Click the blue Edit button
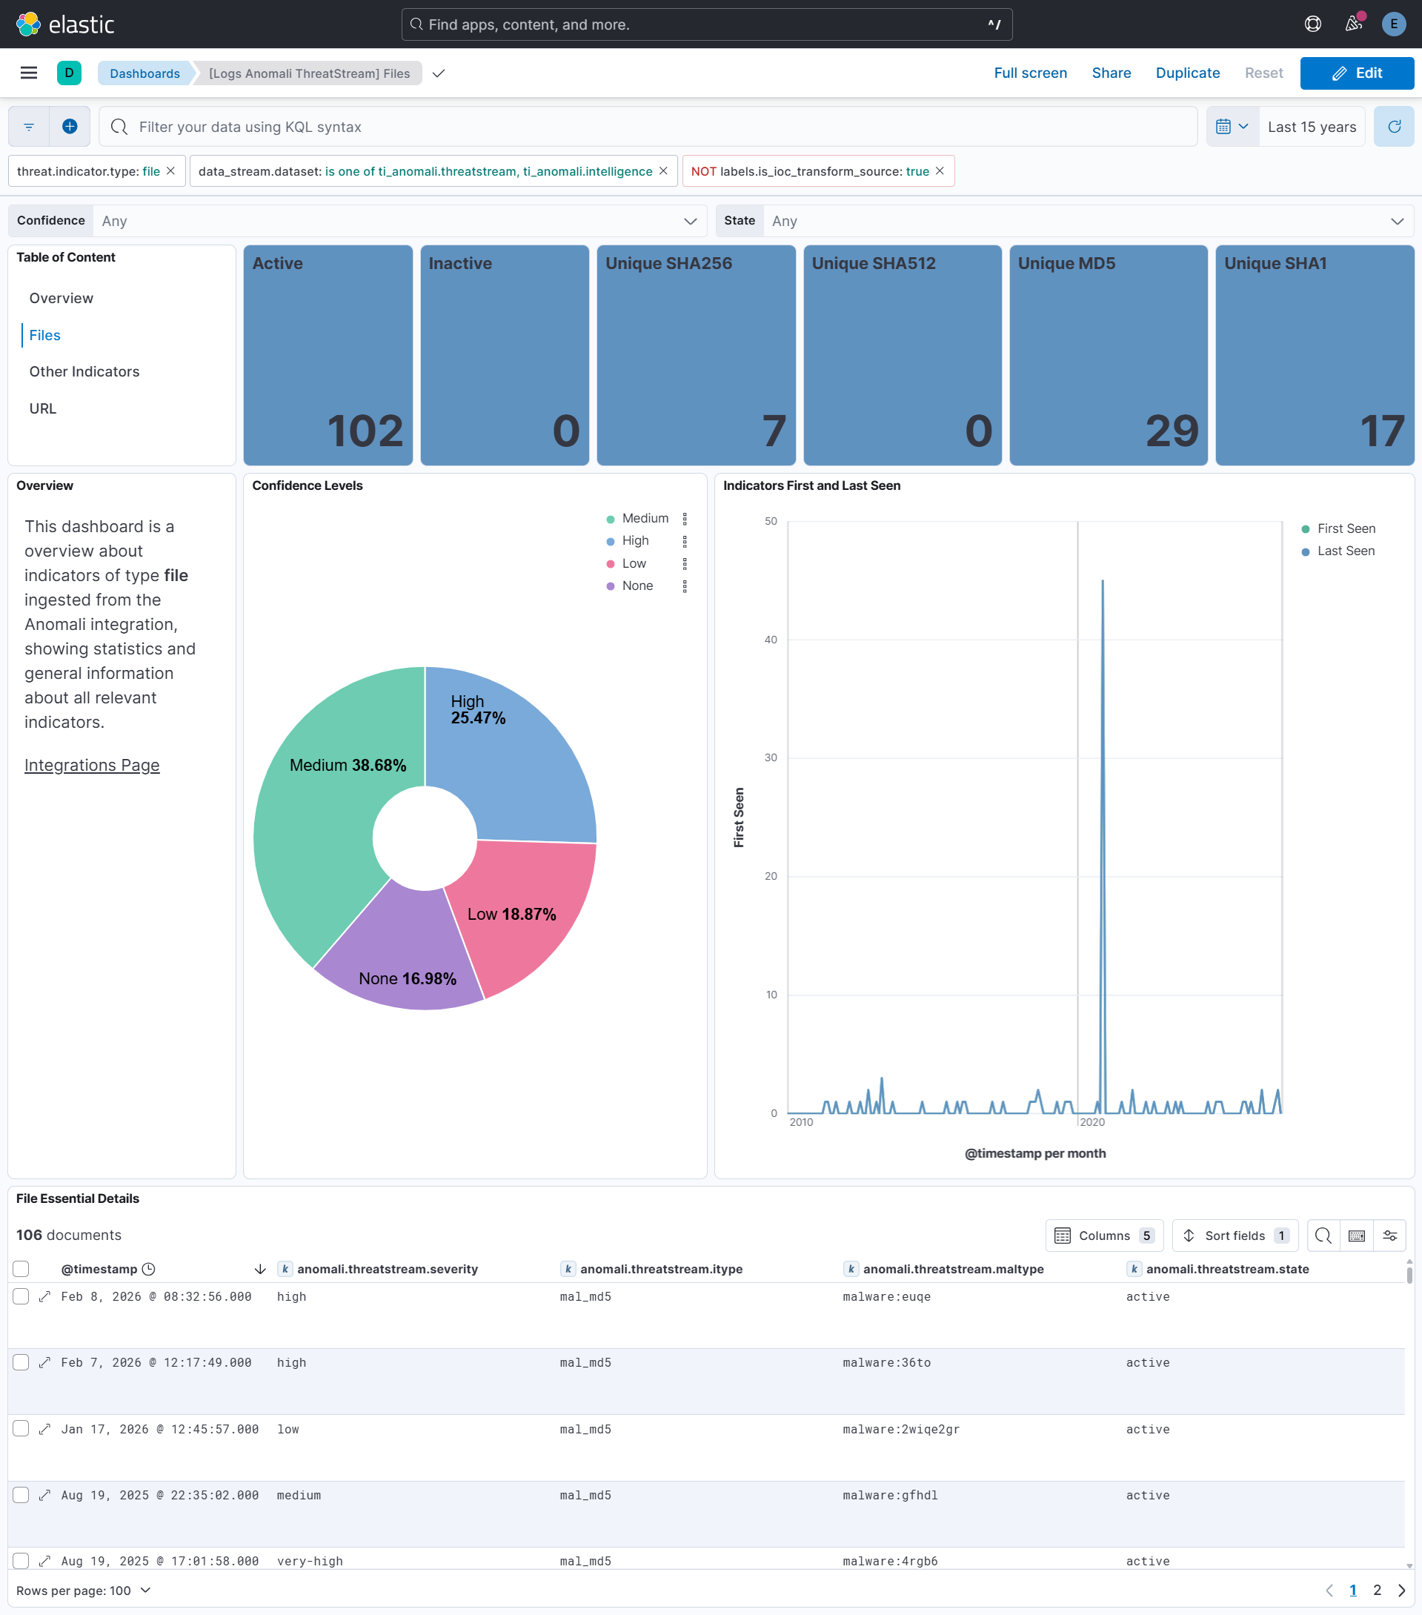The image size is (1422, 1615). pyautogui.click(x=1357, y=73)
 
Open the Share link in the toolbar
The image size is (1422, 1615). pyautogui.click(x=1111, y=73)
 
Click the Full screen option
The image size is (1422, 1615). pyautogui.click(x=1029, y=73)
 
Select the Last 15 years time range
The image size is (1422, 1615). pyautogui.click(x=1312, y=127)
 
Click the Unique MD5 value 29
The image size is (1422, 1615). pyautogui.click(x=1172, y=431)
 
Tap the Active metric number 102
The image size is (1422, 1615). pyautogui.click(x=365, y=431)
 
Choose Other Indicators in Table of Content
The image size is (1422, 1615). pyautogui.click(x=84, y=371)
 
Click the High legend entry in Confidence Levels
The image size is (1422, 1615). pyautogui.click(x=635, y=541)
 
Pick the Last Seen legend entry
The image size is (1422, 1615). pyautogui.click(x=1346, y=551)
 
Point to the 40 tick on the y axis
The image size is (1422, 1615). pyautogui.click(x=770, y=640)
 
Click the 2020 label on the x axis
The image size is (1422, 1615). pyautogui.click(x=1092, y=1123)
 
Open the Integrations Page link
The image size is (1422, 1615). pyautogui.click(x=92, y=766)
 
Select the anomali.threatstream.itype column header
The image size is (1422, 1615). pyautogui.click(x=660, y=1270)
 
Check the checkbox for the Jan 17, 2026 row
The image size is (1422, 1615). pyautogui.click(x=21, y=1429)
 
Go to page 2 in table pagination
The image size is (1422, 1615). pyautogui.click(x=1377, y=1591)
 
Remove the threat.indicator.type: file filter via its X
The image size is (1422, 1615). pyautogui.click(x=170, y=171)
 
